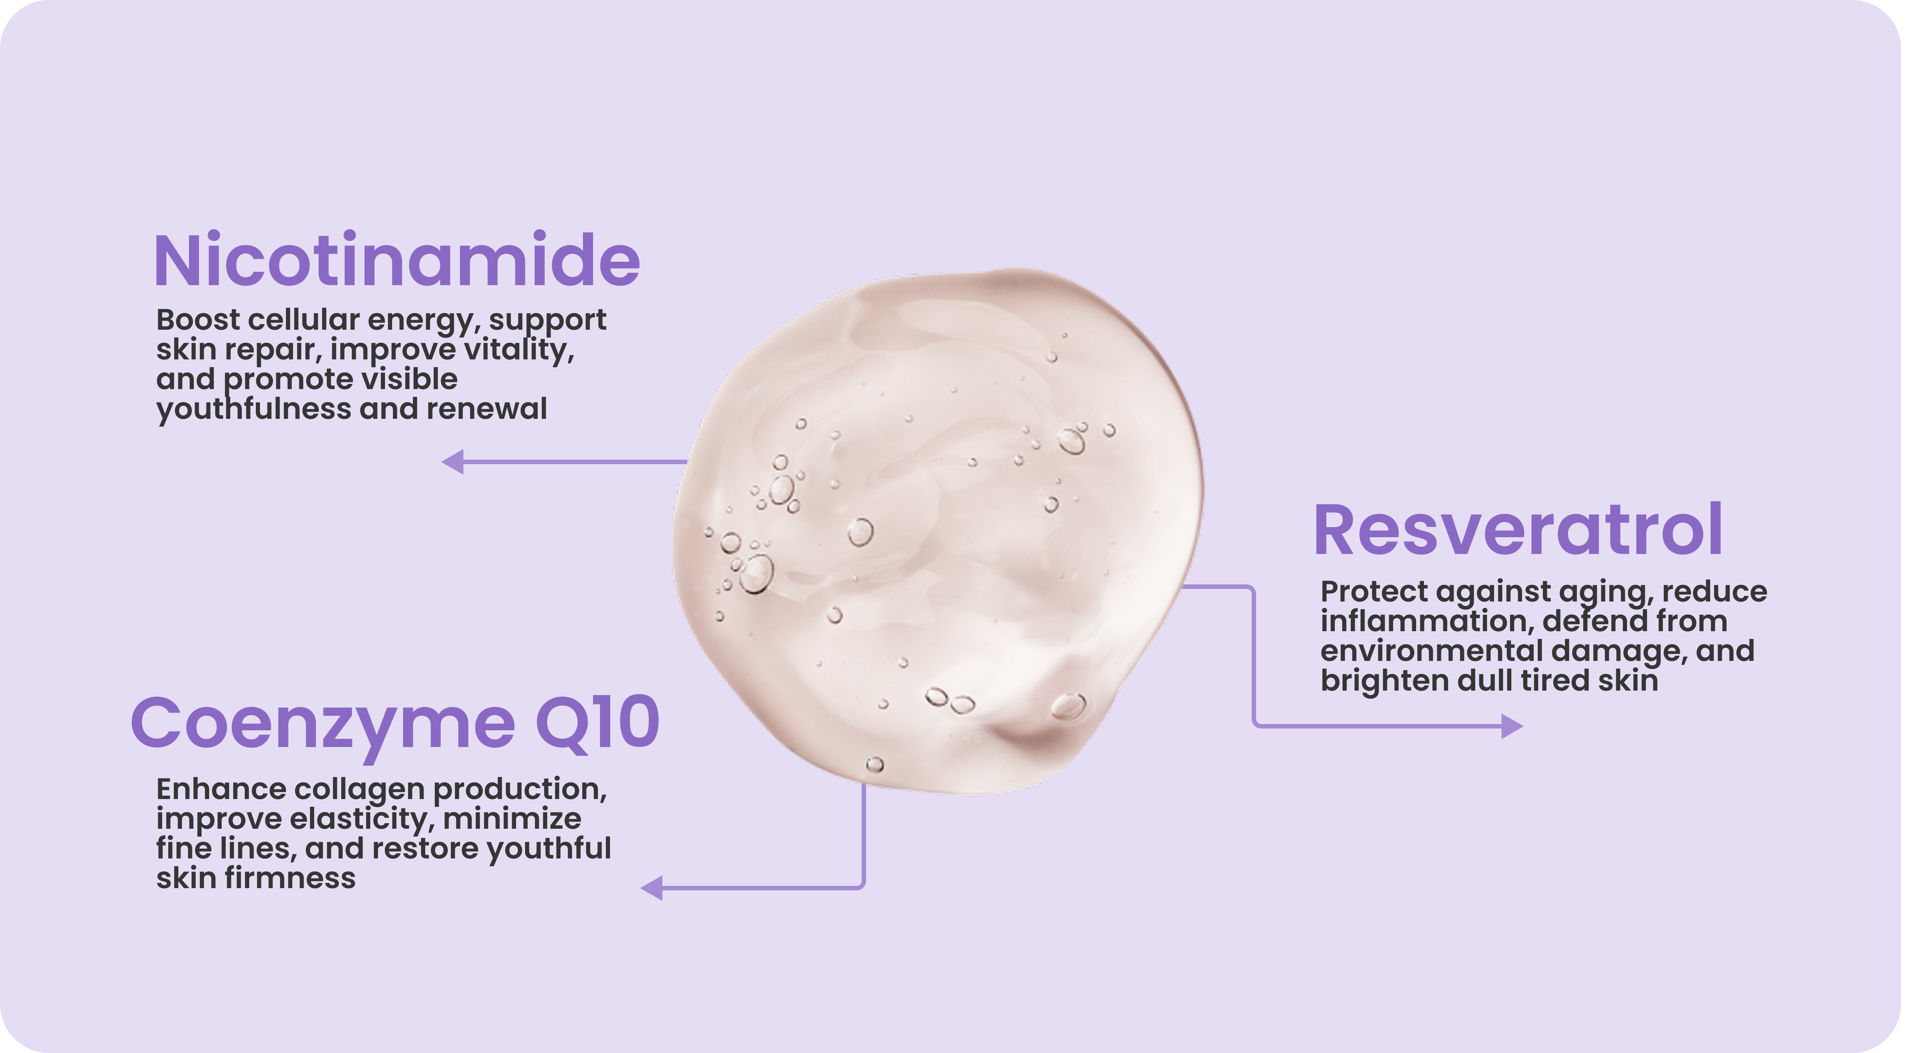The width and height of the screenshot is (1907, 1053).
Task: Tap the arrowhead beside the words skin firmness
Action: point(652,887)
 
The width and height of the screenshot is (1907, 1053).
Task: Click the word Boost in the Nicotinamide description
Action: point(198,320)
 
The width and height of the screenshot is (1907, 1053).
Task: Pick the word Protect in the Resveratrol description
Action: point(1373,592)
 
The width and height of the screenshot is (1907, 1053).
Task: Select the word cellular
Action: point(303,320)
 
